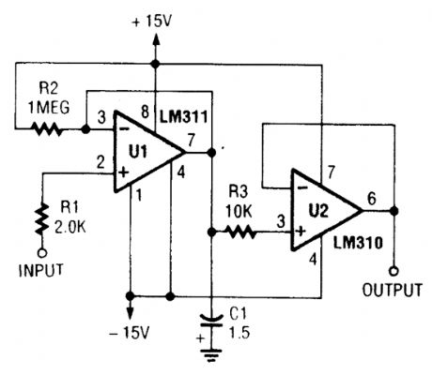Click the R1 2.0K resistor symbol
(41, 221)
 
